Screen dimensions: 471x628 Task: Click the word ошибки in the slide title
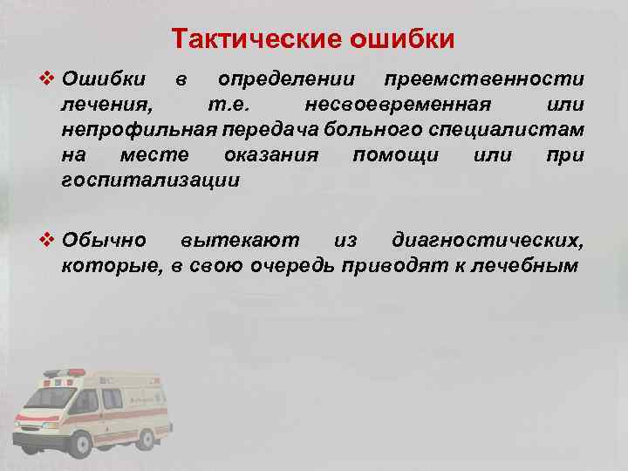point(402,39)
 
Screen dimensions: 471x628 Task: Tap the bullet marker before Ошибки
point(51,79)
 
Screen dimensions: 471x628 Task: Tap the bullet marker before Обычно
point(51,238)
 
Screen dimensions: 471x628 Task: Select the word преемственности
point(484,80)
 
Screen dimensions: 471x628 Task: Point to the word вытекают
point(239,239)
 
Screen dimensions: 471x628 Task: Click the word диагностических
point(488,239)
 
